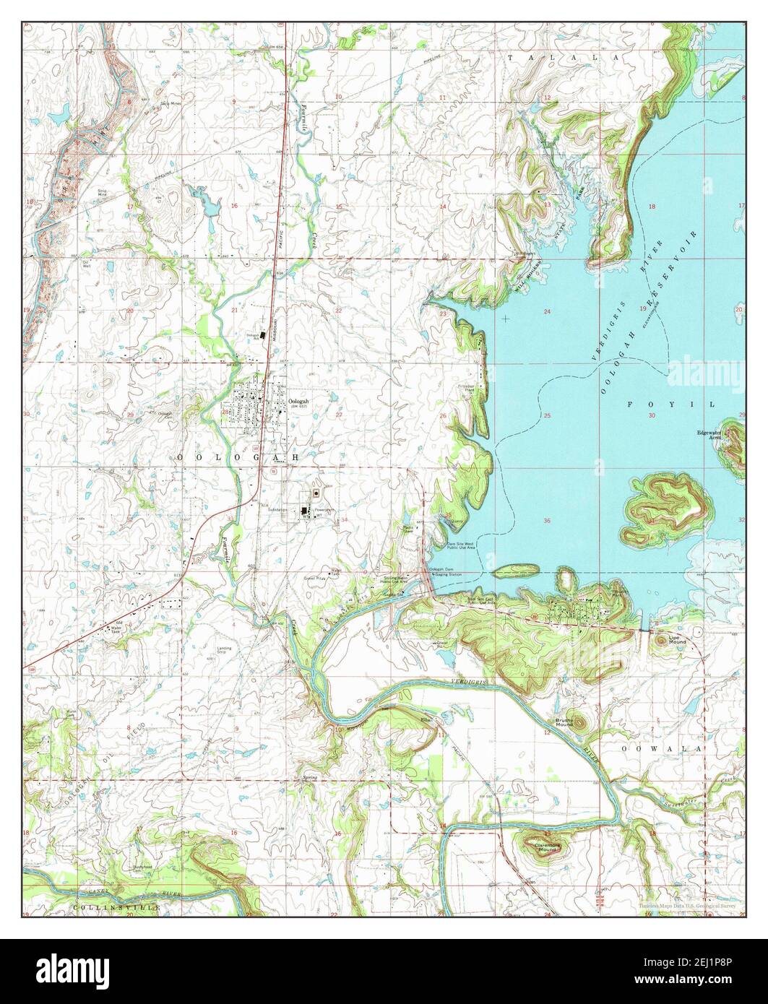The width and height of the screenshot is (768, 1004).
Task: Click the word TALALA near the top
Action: click(x=564, y=56)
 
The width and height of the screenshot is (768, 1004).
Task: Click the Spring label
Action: click(x=311, y=779)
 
